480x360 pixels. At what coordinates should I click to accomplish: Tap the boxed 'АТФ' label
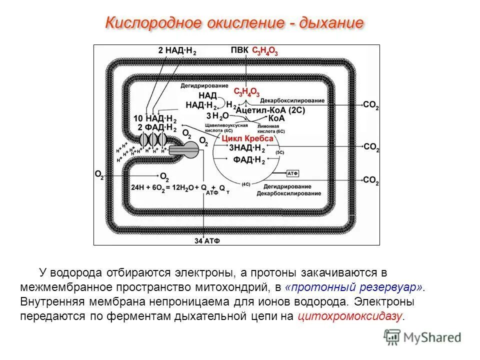[292, 173]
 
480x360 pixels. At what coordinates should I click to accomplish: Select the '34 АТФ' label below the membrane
[207, 241]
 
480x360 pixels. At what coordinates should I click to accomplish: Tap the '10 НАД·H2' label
[155, 118]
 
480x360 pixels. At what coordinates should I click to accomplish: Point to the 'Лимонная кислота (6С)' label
[270, 128]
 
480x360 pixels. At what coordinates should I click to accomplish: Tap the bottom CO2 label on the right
[371, 179]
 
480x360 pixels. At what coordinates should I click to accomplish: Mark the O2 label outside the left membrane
[99, 174]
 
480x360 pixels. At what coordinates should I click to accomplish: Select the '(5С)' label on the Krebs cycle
[280, 151]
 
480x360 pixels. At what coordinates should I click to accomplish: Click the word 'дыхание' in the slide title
[331, 23]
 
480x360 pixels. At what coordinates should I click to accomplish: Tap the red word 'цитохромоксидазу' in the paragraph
[349, 316]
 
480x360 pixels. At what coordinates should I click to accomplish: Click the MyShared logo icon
[391, 337]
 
